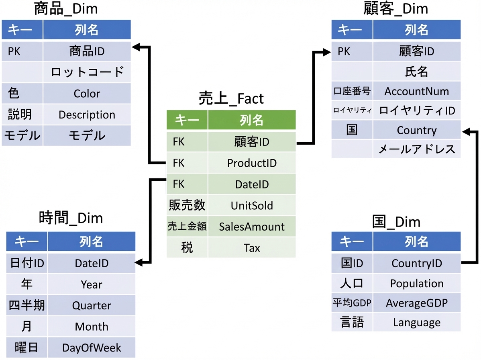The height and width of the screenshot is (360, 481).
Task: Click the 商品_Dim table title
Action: tap(66, 8)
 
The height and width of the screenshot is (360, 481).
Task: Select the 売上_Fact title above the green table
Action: tap(231, 98)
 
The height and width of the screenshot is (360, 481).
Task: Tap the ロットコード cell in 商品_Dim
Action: tap(87, 72)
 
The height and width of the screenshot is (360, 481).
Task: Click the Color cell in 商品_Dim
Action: tap(87, 93)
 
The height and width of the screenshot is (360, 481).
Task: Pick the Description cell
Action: tap(87, 115)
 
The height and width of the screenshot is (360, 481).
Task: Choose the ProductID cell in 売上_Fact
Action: tap(252, 163)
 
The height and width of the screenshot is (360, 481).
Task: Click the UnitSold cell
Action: tap(252, 205)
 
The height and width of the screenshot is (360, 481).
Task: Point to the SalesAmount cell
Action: tap(252, 227)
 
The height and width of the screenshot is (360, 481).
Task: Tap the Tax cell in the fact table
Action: tap(252, 247)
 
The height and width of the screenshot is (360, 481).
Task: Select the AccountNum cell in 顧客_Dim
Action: tap(417, 91)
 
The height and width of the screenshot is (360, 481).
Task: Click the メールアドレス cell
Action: tap(417, 149)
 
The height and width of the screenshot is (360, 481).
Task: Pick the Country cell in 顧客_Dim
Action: tap(417, 130)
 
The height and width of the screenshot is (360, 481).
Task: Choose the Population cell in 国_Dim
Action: tap(417, 283)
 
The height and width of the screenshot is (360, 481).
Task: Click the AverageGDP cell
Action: tap(417, 303)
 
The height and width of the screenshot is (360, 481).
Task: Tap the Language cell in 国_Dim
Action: tap(417, 322)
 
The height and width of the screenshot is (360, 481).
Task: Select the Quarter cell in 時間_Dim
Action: tap(92, 305)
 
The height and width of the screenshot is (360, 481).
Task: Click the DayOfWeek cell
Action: tap(92, 348)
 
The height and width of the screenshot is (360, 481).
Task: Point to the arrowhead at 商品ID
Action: tap(136, 47)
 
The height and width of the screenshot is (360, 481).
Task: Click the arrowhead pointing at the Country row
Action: tap(466, 132)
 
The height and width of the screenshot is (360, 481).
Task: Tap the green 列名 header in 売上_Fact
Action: tap(252, 120)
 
